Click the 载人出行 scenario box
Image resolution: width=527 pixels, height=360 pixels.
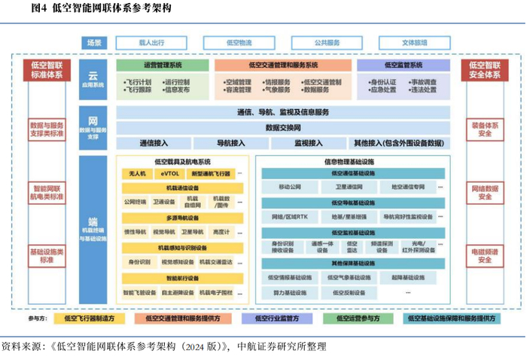point(151,43)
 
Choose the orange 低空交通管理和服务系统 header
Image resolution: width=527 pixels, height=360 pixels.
point(283,66)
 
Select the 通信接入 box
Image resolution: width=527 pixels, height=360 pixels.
point(154,142)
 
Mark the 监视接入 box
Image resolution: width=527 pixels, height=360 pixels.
point(308,142)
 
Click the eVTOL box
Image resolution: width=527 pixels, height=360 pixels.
point(171,174)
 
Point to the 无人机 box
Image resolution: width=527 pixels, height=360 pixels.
point(136,174)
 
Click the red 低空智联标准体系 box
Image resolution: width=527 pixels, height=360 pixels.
point(46,72)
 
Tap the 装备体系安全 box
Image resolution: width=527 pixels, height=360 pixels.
point(484,130)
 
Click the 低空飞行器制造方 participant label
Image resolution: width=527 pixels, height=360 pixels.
point(90,319)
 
